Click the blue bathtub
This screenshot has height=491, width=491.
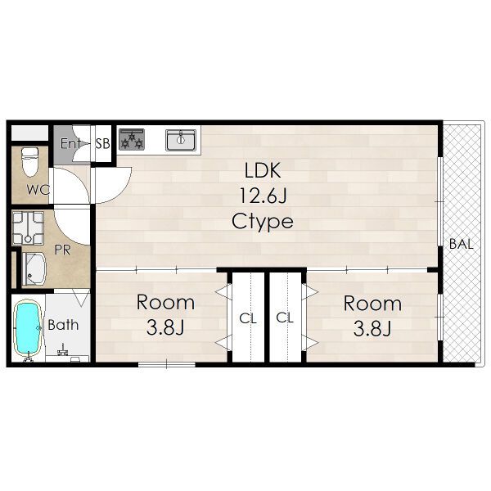[28, 328]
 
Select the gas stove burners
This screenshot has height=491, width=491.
[132, 139]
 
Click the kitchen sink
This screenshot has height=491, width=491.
[181, 140]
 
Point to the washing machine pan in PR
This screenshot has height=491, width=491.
[28, 228]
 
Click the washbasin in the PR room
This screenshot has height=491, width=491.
[34, 269]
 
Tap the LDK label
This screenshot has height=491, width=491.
[263, 171]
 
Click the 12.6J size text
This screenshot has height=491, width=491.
[263, 196]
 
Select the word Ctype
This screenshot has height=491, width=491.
[263, 222]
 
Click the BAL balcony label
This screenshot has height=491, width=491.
[461, 244]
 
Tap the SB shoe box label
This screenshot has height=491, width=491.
[103, 144]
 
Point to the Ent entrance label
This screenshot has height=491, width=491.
[70, 143]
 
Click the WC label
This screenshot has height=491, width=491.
[38, 190]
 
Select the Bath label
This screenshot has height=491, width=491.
[63, 325]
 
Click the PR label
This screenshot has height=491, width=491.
[63, 250]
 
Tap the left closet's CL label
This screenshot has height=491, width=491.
[248, 319]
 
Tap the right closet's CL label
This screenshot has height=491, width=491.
[285, 318]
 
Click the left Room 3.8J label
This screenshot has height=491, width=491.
[165, 315]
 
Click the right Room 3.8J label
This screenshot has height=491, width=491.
[372, 316]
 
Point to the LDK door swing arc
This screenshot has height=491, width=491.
[123, 190]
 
